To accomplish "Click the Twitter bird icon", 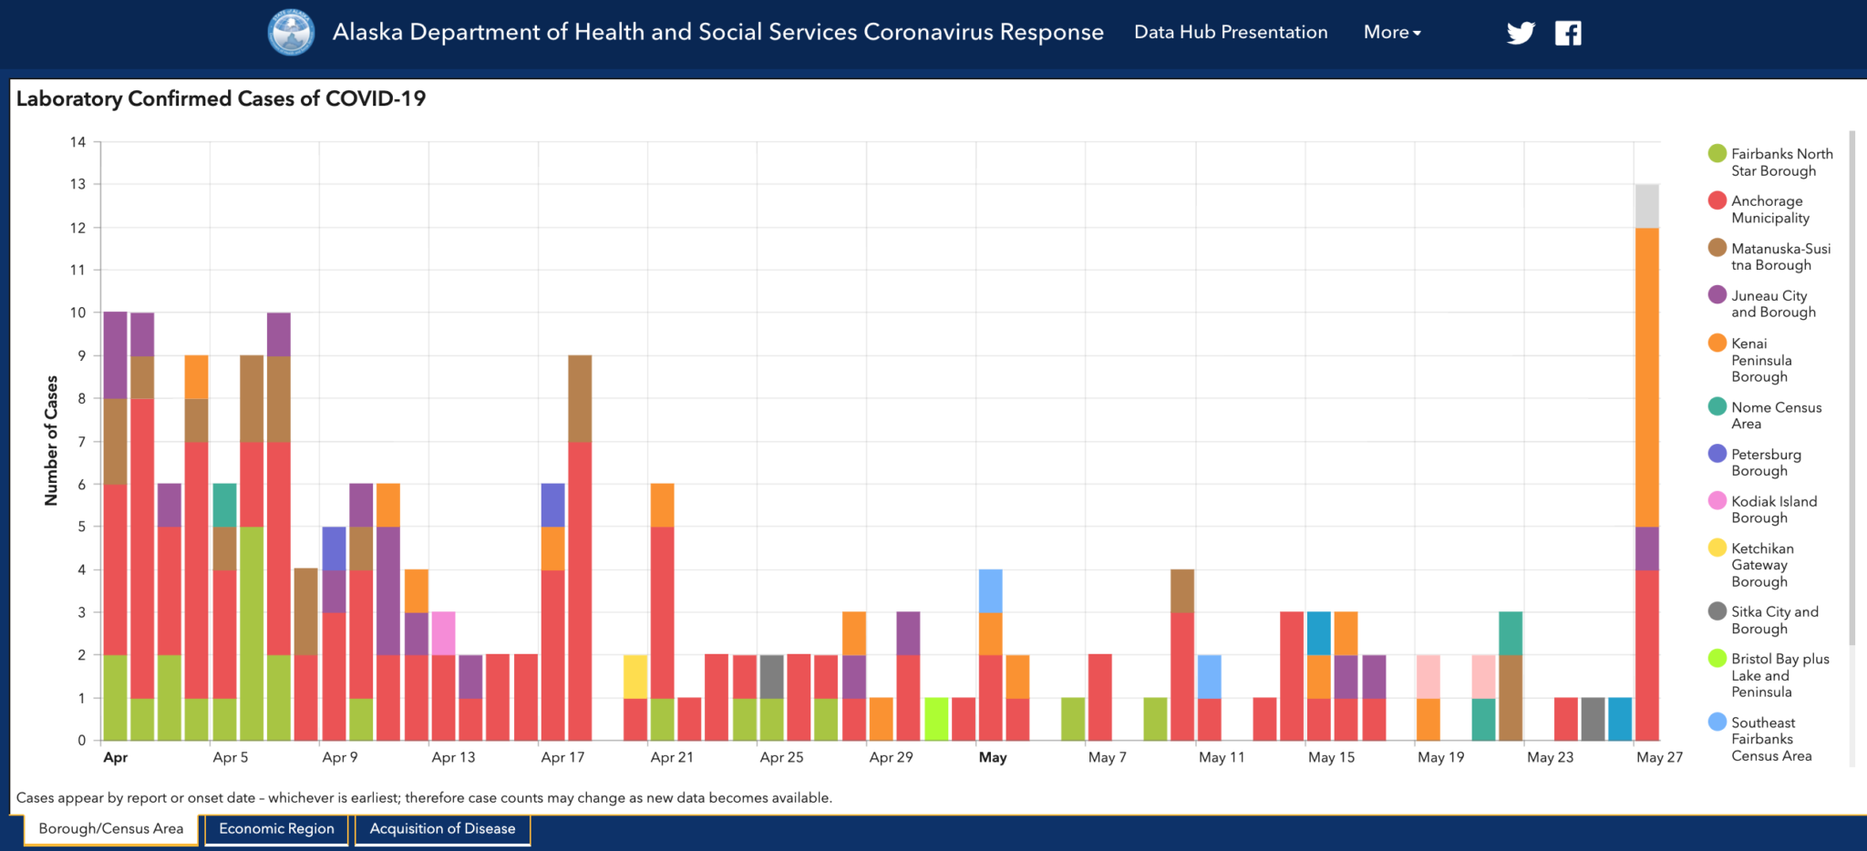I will tap(1520, 34).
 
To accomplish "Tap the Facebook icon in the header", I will tap(1568, 34).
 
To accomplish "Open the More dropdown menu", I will tap(1392, 33).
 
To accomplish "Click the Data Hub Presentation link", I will tap(1231, 33).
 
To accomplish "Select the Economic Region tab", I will tap(276, 829).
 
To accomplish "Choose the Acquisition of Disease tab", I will tap(442, 829).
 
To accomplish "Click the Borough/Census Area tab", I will tap(111, 829).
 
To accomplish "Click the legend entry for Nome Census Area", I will tap(1775, 415).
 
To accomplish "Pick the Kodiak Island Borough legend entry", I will tap(1773, 509).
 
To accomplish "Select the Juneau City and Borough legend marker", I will tap(1717, 295).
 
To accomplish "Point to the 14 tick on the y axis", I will tap(78, 142).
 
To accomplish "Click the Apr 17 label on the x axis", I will tap(562, 757).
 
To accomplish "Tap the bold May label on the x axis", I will tap(993, 757).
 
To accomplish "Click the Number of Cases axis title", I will tap(51, 440).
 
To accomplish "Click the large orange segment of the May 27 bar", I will tap(1647, 377).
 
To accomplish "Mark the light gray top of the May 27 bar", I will tap(1647, 206).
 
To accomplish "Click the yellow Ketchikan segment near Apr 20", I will tap(635, 676).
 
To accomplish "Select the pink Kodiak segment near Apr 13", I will tap(444, 633).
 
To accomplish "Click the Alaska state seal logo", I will tap(291, 33).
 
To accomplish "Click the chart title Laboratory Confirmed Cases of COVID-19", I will tap(221, 98).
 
